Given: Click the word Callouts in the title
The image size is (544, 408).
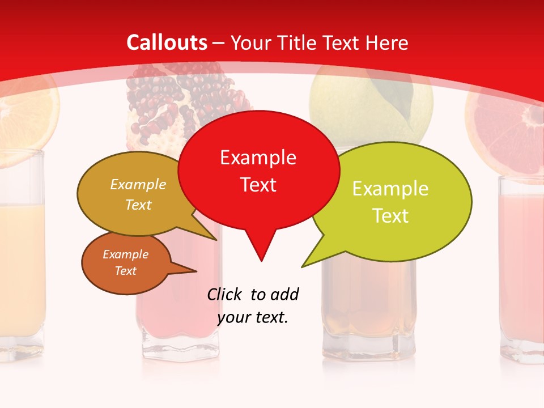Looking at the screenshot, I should pyautogui.click(x=167, y=42).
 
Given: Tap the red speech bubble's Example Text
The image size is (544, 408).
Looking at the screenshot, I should pyautogui.click(x=258, y=171).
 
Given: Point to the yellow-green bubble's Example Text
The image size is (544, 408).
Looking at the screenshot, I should pyautogui.click(x=390, y=202).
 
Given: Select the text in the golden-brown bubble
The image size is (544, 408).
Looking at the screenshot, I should pyautogui.click(x=138, y=194).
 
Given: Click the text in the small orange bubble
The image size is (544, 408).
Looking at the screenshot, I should pyautogui.click(x=125, y=262).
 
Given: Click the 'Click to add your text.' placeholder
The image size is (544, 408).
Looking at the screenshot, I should pyautogui.click(x=253, y=305).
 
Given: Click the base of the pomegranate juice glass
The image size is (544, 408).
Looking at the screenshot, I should pyautogui.click(x=177, y=346).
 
